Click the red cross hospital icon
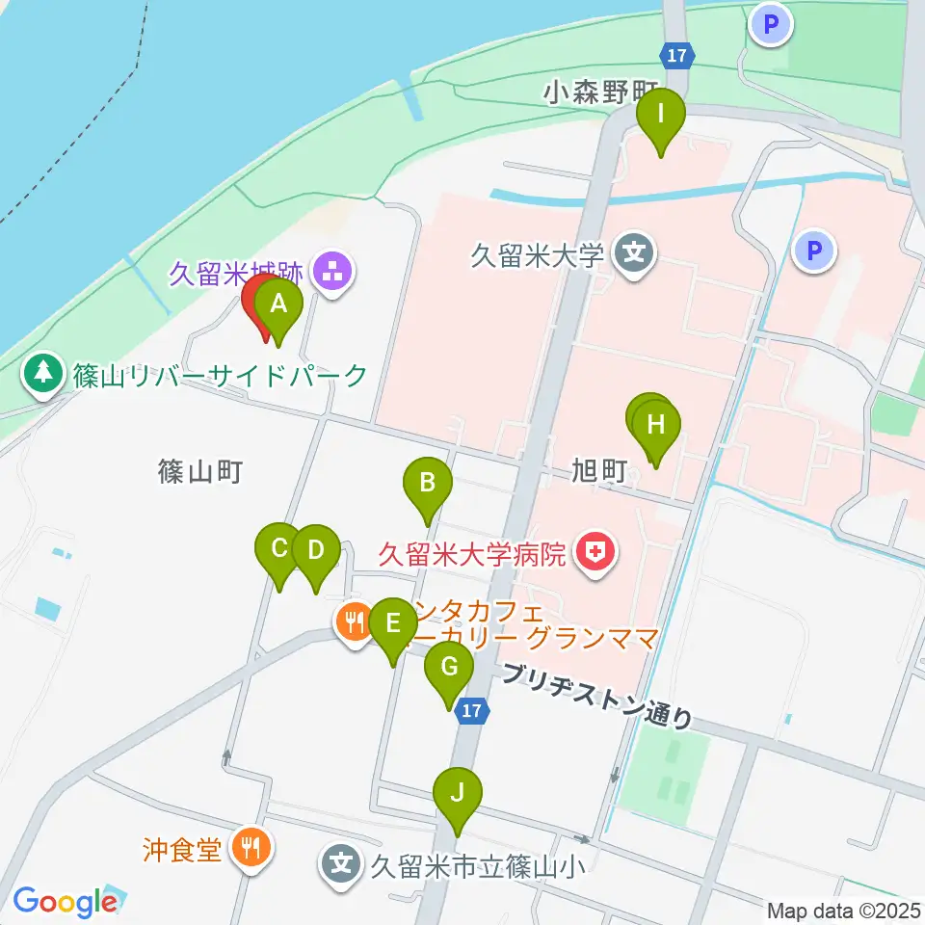pos(595,553)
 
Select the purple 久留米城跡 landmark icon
pos(333,273)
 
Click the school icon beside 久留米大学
pos(635,255)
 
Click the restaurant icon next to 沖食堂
pos(252,848)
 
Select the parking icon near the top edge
pos(771,24)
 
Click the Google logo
pos(64,901)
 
